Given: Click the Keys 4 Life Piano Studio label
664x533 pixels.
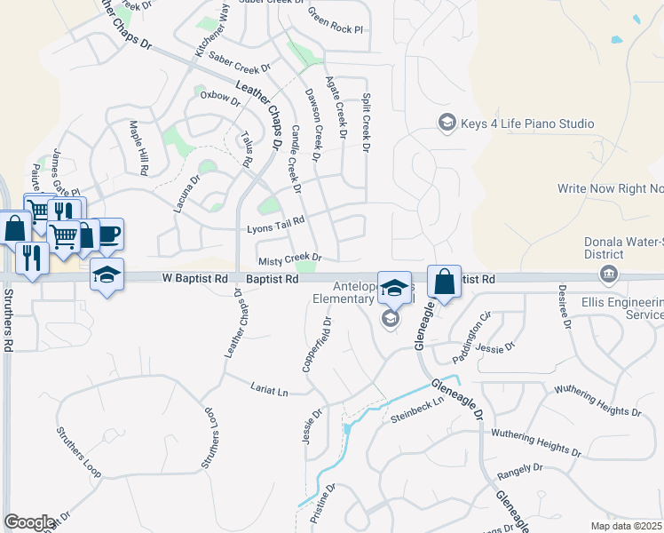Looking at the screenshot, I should tap(527, 123).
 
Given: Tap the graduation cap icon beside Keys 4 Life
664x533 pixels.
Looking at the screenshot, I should tap(447, 123).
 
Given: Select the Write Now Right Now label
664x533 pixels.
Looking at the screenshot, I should tap(611, 188).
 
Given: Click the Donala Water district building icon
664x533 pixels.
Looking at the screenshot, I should tap(609, 274).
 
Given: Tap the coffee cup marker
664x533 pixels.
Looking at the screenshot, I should tap(108, 235).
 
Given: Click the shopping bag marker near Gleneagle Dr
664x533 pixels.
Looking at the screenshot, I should tap(445, 282).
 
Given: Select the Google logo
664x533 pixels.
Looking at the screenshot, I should tap(29, 522).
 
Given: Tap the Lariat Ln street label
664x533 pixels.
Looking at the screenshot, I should tap(270, 391).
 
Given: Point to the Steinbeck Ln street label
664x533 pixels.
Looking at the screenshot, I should tap(416, 416).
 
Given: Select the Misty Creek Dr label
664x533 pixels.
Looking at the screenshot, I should tap(289, 259).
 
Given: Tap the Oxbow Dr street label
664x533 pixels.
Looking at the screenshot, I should tap(220, 97).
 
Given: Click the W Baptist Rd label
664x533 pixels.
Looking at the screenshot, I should tap(194, 278).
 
